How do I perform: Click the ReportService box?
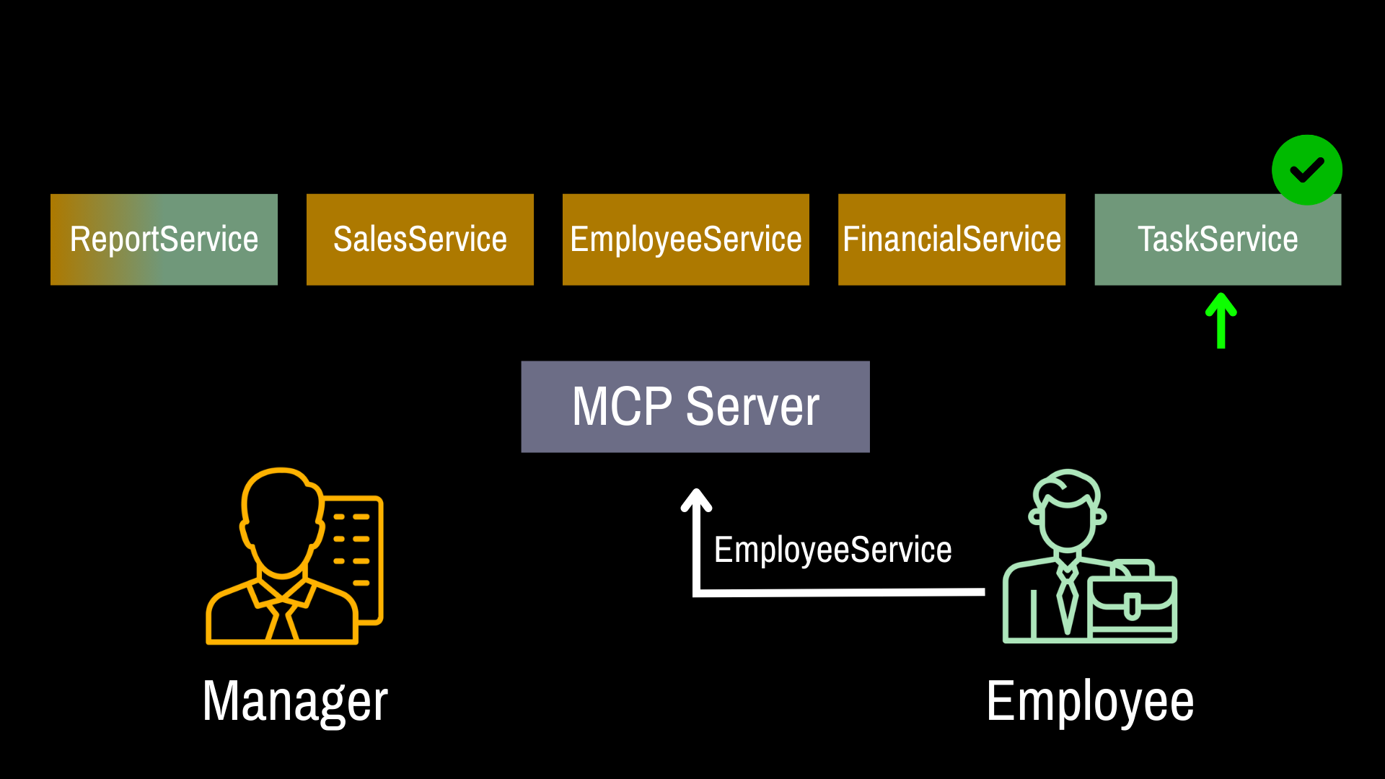164,239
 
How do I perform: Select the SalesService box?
420,239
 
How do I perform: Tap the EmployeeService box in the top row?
685,239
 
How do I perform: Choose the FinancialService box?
951,239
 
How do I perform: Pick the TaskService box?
1218,239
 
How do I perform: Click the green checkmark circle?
1307,170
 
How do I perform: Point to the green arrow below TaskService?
1221,321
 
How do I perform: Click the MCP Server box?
695,407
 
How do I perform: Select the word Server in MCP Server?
752,407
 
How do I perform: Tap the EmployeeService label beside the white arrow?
832,550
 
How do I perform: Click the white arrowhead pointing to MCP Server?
697,500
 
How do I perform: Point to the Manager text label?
295,701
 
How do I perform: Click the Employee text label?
1090,701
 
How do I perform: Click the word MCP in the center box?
622,407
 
